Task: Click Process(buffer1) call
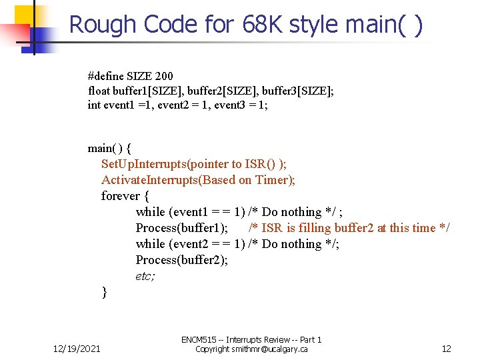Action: (x=182, y=228)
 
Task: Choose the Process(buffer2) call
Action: (x=182, y=260)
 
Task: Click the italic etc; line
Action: (x=145, y=276)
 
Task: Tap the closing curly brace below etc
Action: (x=104, y=291)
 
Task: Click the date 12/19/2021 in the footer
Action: (x=77, y=349)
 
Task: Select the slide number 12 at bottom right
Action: (x=447, y=349)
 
